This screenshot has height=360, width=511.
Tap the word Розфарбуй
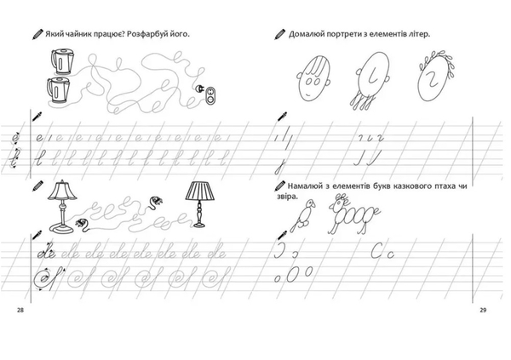coord(146,34)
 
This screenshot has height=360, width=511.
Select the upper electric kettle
coord(62,61)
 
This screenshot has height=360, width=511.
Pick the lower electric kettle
coord(58,90)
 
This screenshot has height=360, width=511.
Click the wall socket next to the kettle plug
coord(211,96)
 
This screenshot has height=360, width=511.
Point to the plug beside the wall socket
coord(199,89)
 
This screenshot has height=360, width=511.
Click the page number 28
coord(20,310)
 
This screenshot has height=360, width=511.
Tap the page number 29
coord(483,310)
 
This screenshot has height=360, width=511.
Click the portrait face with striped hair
coord(313,78)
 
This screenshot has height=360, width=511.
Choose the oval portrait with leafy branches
coord(435,77)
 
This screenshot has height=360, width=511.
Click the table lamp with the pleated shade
coord(200,204)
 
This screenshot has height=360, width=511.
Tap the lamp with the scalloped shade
coord(62,207)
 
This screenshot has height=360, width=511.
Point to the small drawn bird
coord(303,214)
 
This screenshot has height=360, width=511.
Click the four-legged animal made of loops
coord(353,214)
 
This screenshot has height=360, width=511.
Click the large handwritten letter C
coord(377,250)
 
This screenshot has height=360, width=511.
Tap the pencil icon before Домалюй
coord(279,34)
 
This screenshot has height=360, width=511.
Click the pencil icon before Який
coord(37,34)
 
